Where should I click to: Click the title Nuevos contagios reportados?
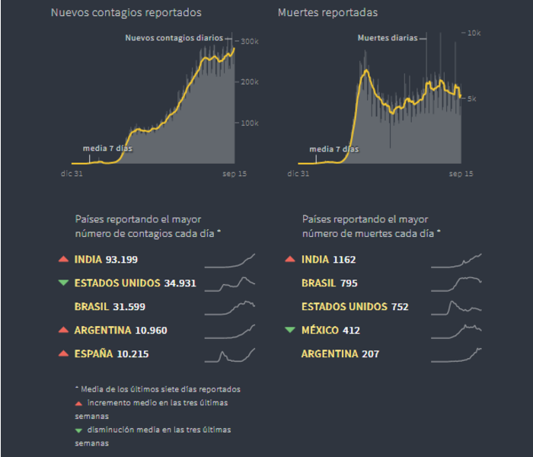[x=126, y=13]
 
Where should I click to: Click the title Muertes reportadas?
[x=327, y=13]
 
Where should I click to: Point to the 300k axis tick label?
[x=250, y=41]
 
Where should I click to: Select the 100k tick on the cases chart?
[x=250, y=123]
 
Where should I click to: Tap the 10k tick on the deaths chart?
[x=472, y=33]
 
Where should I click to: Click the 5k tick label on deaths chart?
[x=471, y=99]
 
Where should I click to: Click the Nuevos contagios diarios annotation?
[x=174, y=37]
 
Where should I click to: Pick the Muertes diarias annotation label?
[x=388, y=37]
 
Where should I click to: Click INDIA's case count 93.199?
[x=122, y=260]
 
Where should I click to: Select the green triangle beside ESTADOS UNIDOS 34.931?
[x=63, y=283]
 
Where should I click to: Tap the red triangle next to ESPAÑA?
[x=63, y=354]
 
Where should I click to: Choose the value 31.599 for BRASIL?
[x=129, y=307]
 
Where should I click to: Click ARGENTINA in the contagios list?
[x=100, y=331]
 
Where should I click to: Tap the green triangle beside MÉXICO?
[x=289, y=331]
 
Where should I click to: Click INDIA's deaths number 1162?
[x=344, y=260]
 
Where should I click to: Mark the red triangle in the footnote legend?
[x=78, y=402]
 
